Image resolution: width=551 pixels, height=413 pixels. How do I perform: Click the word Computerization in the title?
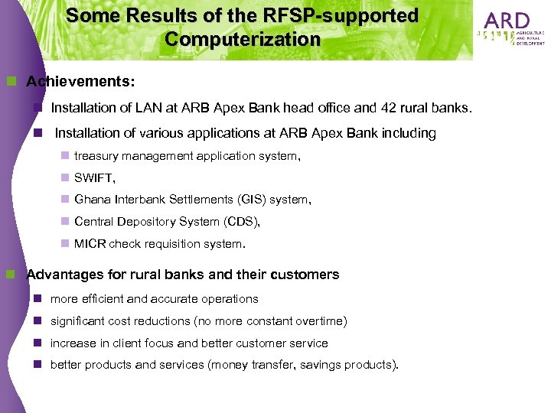tap(242, 39)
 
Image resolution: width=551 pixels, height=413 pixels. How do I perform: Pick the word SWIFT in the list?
tap(94, 177)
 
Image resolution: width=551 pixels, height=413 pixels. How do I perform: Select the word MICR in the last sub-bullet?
tap(90, 245)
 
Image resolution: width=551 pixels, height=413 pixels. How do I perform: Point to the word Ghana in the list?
tap(93, 200)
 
